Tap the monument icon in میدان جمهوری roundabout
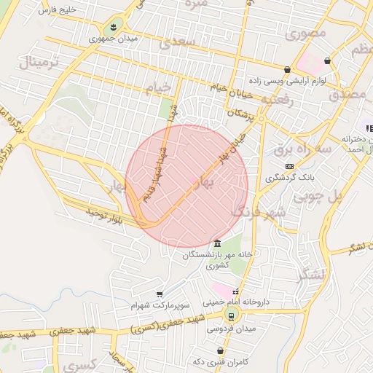[112, 26]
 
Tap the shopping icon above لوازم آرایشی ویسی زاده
[288, 70]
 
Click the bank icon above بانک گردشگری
[290, 166]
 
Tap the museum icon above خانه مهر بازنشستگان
[217, 243]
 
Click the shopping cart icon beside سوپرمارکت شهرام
[160, 294]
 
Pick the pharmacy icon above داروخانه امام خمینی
[235, 292]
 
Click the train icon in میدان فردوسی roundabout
[232, 315]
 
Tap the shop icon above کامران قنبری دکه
[220, 351]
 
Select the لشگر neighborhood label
[314, 274]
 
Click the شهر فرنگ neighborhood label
[258, 213]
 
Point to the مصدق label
[348, 94]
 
